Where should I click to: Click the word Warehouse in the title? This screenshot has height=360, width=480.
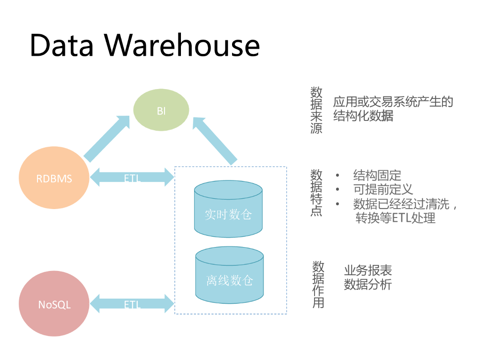182,45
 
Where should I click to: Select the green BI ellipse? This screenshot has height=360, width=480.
161,111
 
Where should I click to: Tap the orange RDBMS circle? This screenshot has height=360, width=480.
54,179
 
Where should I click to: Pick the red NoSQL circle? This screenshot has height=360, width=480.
54,304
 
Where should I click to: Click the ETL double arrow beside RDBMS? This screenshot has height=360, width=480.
132,178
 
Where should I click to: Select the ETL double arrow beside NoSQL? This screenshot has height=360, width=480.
132,304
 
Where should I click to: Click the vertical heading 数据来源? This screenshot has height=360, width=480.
316,110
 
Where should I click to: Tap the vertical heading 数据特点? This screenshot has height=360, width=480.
316,193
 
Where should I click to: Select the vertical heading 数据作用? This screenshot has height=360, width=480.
318,285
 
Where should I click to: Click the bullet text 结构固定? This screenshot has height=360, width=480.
377,176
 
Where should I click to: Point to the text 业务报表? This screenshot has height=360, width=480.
368,270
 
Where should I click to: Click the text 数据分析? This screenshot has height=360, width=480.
368,285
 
